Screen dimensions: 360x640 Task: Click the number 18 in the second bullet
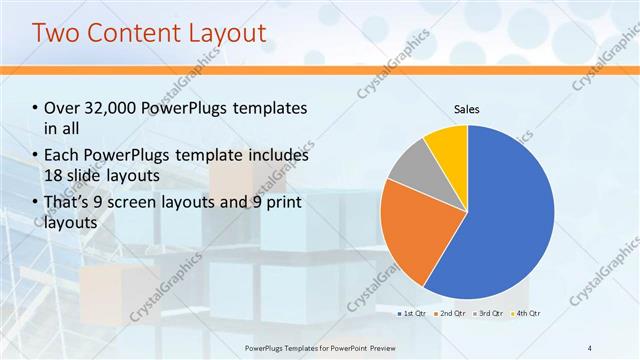click(53, 176)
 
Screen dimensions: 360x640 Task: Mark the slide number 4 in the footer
click(590, 347)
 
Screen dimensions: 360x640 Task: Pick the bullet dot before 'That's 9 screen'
click(35, 204)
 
